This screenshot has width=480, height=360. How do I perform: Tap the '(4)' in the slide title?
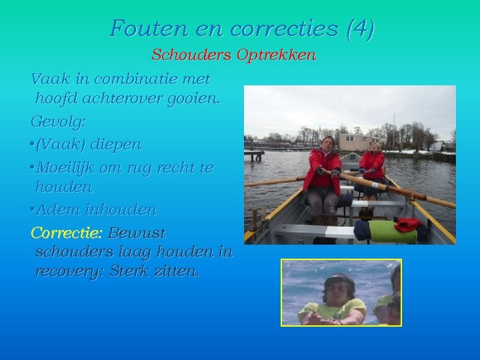[x=361, y=29]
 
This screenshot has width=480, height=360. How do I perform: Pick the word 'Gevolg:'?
[x=57, y=122]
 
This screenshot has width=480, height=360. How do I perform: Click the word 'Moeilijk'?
[x=66, y=167]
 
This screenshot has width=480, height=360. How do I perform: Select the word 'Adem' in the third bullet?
[x=55, y=210]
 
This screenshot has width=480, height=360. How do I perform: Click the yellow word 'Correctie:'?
[x=66, y=233]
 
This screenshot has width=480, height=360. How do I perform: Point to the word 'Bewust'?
[x=137, y=233]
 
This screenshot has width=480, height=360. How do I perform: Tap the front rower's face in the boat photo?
[x=328, y=143]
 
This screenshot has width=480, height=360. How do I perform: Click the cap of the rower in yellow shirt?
[x=339, y=279]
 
